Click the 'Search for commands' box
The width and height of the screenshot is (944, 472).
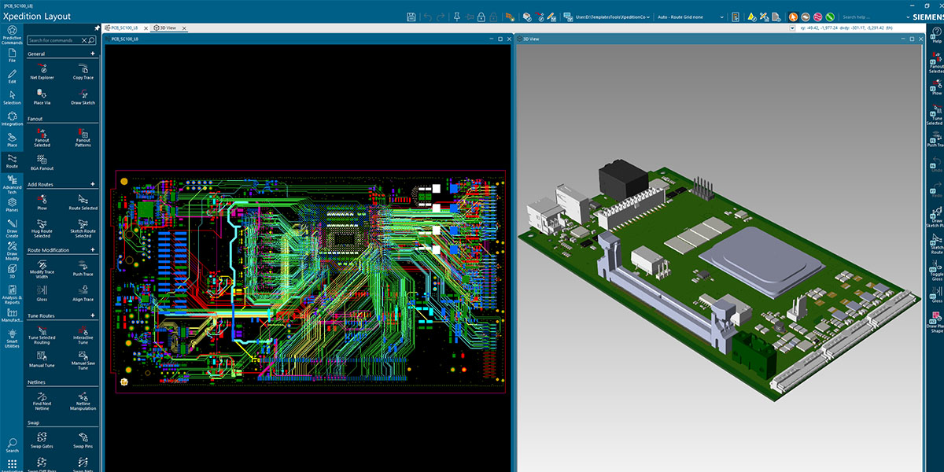pos(59,40)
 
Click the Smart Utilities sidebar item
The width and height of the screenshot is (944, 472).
pos(12,339)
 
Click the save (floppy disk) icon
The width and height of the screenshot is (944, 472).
pos(411,17)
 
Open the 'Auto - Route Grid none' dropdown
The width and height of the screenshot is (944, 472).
pos(691,17)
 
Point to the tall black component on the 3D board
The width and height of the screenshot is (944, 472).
pos(621,183)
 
